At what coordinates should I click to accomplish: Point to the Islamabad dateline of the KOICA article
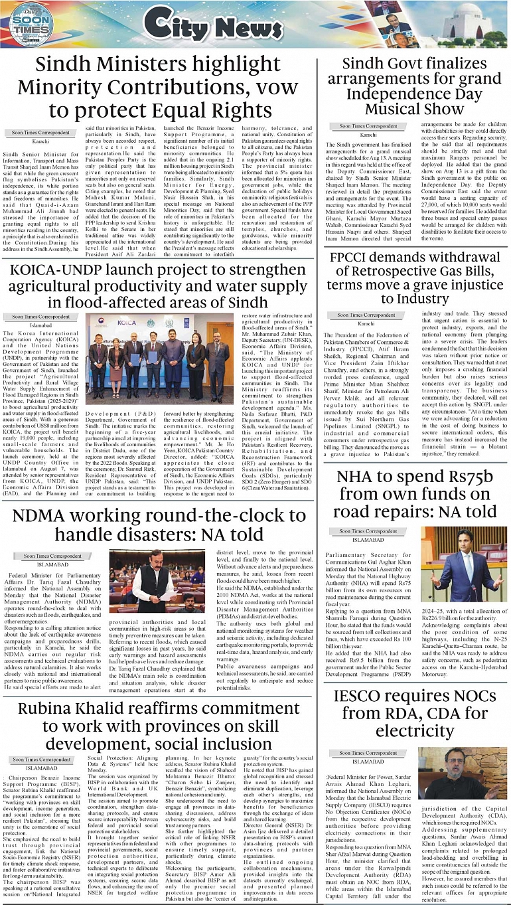pos(41,325)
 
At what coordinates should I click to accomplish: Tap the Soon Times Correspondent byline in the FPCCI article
pos(367,315)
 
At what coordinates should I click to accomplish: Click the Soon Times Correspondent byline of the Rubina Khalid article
pos(42,759)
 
